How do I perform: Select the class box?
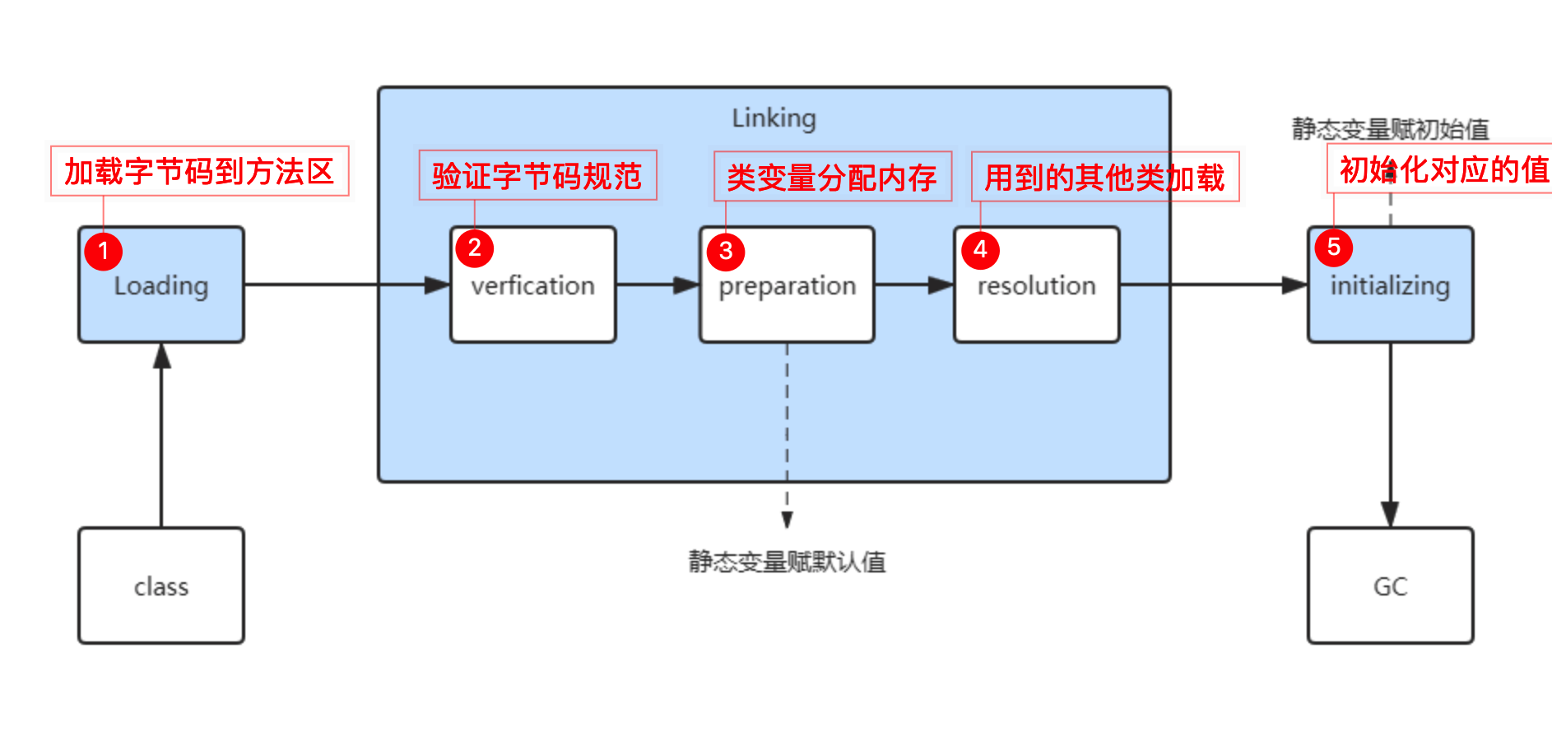tap(161, 586)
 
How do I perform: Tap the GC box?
tap(1390, 586)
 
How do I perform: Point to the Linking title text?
tap(774, 118)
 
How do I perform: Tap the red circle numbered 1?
tap(104, 251)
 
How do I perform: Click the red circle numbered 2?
tap(475, 248)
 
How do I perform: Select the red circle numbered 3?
tap(726, 251)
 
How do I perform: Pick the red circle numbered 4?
tap(980, 249)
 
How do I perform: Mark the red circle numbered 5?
tap(1334, 247)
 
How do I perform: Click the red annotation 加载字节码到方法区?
tap(199, 171)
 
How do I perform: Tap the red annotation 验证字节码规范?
tap(537, 175)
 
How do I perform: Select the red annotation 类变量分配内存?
tap(832, 176)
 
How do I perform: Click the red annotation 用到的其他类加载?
tap(1104, 176)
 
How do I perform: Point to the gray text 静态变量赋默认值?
tap(787, 562)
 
